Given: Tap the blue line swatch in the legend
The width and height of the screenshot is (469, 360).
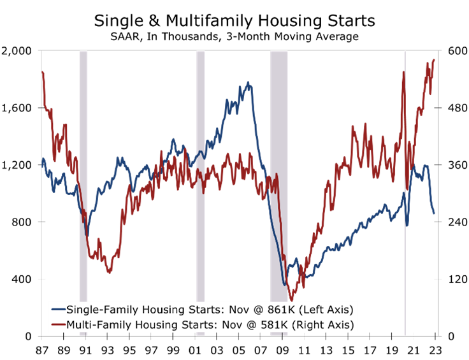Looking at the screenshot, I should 59,310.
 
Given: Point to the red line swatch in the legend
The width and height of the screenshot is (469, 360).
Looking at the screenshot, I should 59,325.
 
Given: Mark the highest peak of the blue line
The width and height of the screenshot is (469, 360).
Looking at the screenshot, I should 248,82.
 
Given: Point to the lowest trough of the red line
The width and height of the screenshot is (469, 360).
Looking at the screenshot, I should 291,299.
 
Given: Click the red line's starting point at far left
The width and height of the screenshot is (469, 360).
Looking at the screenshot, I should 42,72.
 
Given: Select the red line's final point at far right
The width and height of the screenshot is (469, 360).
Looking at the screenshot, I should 434,59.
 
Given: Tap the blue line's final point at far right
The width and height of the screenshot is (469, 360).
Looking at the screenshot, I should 434,213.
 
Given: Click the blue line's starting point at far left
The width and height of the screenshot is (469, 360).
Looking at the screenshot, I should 42,164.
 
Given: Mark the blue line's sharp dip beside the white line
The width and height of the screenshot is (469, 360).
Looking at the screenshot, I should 407,224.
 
